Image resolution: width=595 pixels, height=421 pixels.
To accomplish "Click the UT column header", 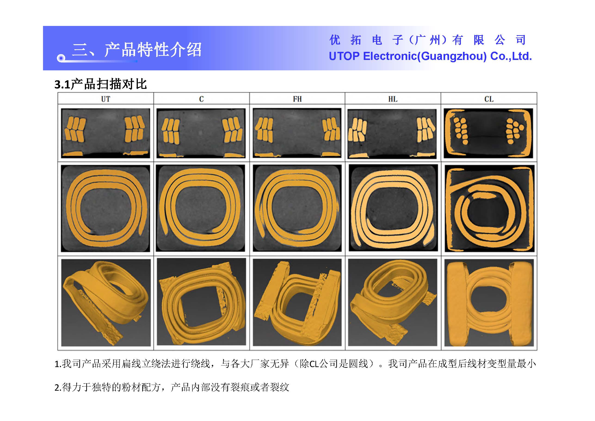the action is point(105,99).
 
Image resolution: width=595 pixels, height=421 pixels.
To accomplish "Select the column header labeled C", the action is point(201,99).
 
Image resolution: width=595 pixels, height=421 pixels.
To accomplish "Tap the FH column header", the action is point(297,99).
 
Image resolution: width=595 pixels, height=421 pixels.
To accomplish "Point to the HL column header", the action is point(393,99).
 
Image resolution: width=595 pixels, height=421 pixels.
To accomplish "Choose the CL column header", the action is point(489,99).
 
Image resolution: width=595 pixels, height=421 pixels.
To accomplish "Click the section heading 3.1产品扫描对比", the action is point(101,84).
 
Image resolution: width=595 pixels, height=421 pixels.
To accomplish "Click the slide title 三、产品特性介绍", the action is point(137,49).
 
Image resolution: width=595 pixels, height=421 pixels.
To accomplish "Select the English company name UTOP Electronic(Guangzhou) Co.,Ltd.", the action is point(430,56).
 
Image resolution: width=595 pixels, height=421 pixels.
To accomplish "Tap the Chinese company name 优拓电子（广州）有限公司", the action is point(428,40).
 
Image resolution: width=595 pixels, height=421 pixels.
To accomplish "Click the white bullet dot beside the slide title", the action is point(61,58).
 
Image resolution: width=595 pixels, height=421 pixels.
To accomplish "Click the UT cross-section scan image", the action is point(105,133).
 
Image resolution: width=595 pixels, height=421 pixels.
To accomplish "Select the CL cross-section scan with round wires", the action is point(488,133).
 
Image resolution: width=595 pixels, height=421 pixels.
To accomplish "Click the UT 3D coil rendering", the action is point(106,302).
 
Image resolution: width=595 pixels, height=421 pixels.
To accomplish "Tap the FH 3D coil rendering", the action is point(297,302).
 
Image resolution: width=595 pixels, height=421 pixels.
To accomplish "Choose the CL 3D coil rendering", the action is point(489,302).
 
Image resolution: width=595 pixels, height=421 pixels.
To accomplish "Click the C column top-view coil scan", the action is point(200,208).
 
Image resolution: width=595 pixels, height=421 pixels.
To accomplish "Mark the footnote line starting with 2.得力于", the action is point(172,387).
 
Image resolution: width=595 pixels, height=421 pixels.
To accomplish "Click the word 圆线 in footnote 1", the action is point(358,364).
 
